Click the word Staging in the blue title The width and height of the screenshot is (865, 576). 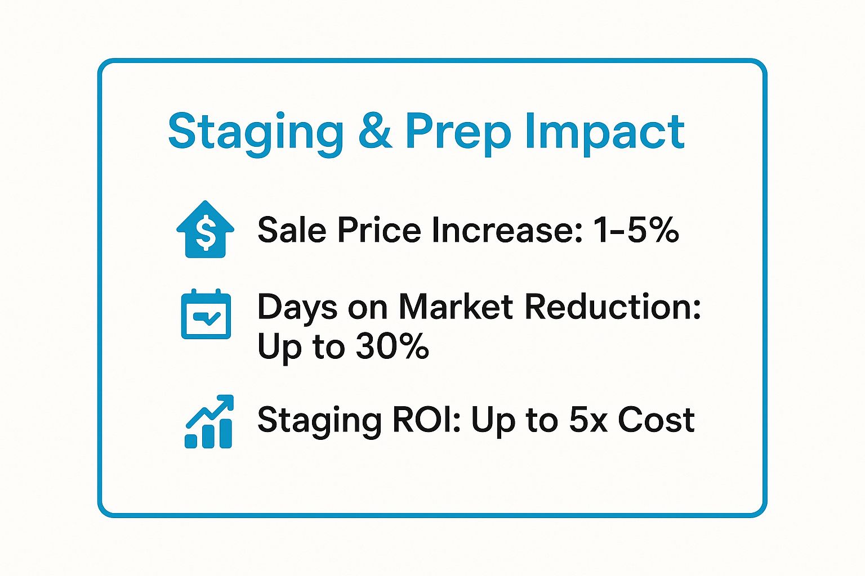pyautogui.click(x=256, y=133)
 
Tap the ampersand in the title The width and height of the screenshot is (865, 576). pyautogui.click(x=374, y=130)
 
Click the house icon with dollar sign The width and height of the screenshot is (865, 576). pyautogui.click(x=206, y=229)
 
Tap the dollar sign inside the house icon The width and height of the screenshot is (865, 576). pyautogui.click(x=206, y=233)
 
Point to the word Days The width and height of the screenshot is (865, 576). pyautogui.click(x=298, y=308)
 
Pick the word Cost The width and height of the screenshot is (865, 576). pyautogui.click(x=656, y=420)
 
